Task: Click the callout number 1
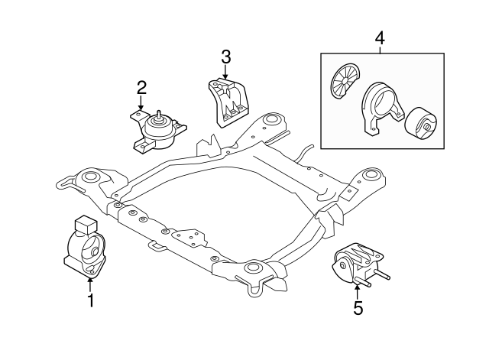pyautogui.click(x=90, y=300)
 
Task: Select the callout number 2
pyautogui.click(x=141, y=89)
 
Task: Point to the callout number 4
pyautogui.click(x=381, y=37)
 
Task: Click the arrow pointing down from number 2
pyautogui.click(x=141, y=108)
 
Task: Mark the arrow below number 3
pyautogui.click(x=225, y=73)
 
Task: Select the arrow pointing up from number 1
pyautogui.click(x=90, y=283)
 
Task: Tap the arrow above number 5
pyautogui.click(x=358, y=289)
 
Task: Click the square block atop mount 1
pyautogui.click(x=83, y=225)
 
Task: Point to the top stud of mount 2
pyautogui.click(x=159, y=116)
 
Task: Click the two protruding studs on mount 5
pyautogui.click(x=371, y=284)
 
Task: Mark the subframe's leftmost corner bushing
pyautogui.click(x=89, y=179)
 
